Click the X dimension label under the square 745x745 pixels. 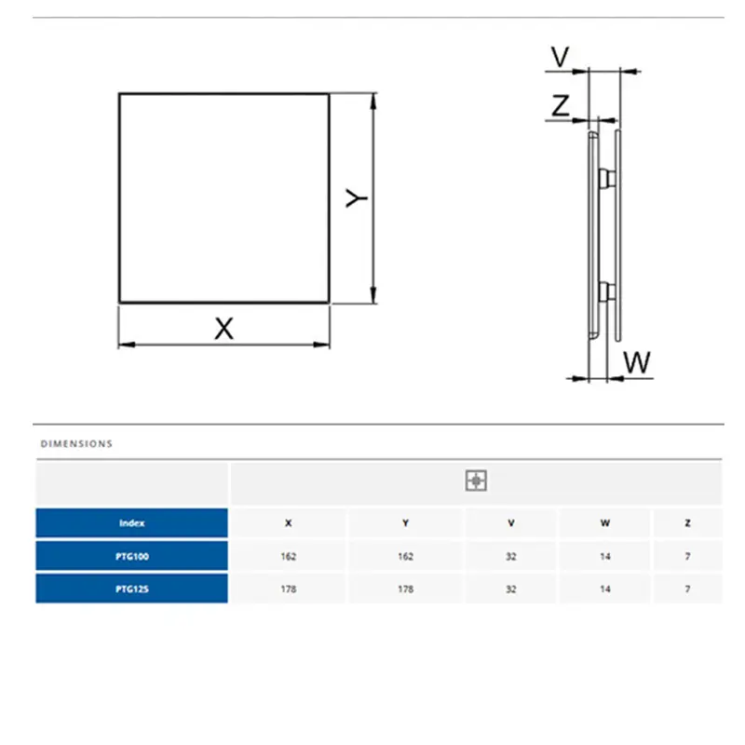pos(224,328)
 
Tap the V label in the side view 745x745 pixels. pos(560,58)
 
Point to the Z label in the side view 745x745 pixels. pos(560,106)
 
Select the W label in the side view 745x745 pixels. pos(637,362)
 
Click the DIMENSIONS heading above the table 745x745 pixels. pos(76,444)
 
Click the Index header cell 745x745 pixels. pos(131,523)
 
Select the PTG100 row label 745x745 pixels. pos(131,556)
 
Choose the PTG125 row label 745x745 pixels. pos(131,589)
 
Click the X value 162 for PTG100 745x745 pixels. pos(288,556)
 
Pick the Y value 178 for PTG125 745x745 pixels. pos(405,589)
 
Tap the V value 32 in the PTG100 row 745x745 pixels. pos(510,556)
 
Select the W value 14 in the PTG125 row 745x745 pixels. pos(606,589)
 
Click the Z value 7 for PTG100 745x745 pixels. pos(687,556)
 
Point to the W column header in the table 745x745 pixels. pos(606,523)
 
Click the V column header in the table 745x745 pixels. pos(510,523)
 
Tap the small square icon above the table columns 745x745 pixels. pos(476,481)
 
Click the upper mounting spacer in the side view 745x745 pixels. pos(606,177)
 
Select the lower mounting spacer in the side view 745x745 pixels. pos(606,292)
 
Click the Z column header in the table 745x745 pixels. pos(687,523)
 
